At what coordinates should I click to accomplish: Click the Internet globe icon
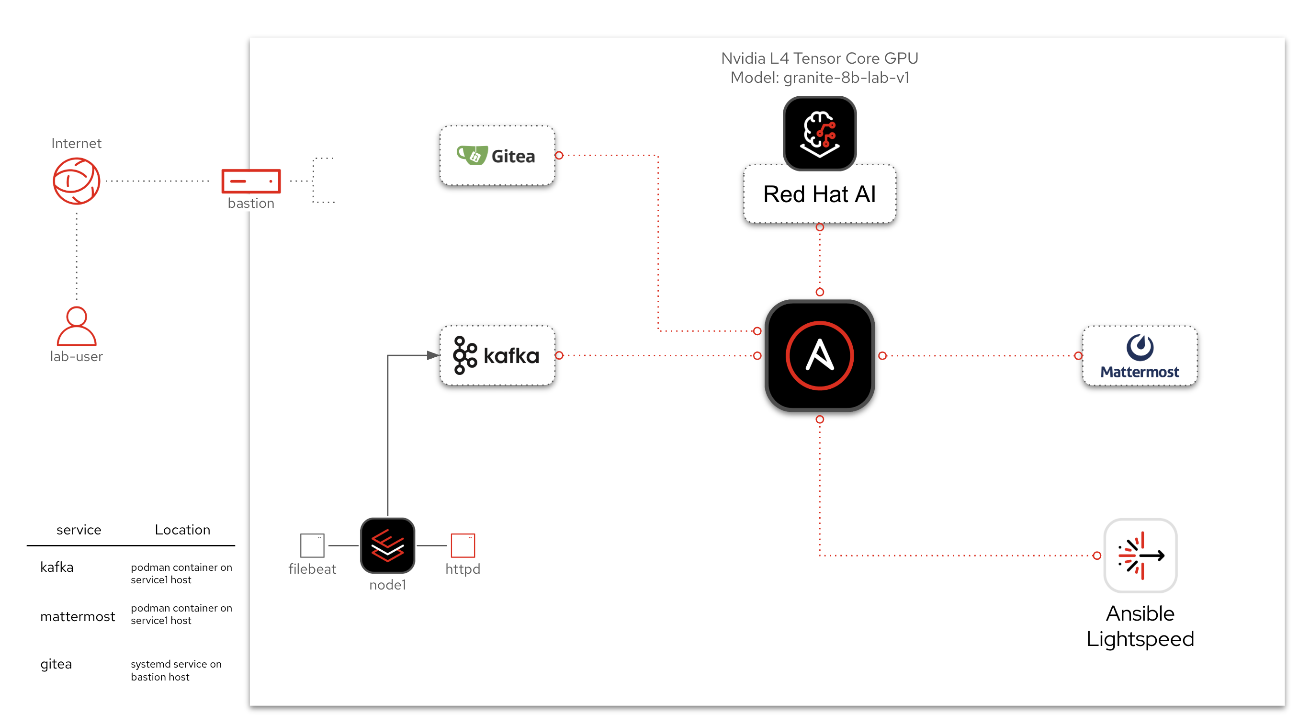pos(76,181)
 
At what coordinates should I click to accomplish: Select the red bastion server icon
pos(251,181)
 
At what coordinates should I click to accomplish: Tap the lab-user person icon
pos(76,327)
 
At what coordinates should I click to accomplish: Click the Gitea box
pos(497,156)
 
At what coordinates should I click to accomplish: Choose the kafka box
pos(497,356)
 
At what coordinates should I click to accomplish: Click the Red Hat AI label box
pos(819,194)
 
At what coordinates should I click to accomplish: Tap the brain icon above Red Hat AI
pos(819,133)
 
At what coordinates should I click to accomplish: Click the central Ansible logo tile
pos(819,356)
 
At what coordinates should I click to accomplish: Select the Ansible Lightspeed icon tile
pos(1140,556)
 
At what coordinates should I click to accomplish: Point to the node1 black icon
pos(387,545)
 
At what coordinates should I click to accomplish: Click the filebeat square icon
pos(312,545)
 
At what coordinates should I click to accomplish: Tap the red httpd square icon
pos(463,545)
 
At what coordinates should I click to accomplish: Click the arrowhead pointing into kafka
pos(433,355)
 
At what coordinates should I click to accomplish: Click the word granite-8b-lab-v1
pos(846,78)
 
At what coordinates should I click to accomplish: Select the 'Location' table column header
pos(182,530)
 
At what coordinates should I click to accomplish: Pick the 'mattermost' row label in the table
pos(77,617)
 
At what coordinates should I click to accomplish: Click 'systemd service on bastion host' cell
pos(176,670)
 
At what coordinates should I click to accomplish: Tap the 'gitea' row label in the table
pos(56,664)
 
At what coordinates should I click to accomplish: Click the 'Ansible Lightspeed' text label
pos(1140,626)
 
